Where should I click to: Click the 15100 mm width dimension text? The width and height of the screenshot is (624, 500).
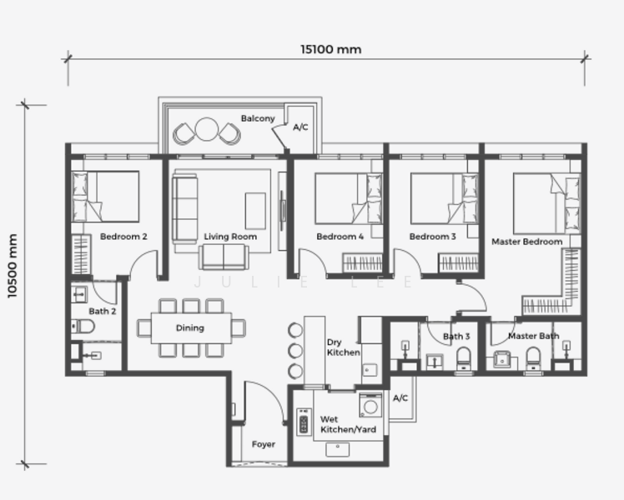point(331,49)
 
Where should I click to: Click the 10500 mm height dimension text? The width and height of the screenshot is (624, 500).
point(12,266)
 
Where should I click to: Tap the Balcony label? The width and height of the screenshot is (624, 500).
point(258,118)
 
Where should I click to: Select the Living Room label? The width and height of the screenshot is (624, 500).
point(230,237)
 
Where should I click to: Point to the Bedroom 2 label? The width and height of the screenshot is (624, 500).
point(123,237)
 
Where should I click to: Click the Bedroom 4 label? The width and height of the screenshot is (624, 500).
point(340,237)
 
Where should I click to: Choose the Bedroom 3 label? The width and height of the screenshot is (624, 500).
point(432,237)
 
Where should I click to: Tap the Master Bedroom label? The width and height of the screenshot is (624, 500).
point(526,242)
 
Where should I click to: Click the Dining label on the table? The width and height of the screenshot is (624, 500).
point(190,327)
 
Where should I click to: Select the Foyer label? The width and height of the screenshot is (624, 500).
point(264,444)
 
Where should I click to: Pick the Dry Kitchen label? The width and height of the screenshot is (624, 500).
point(343,347)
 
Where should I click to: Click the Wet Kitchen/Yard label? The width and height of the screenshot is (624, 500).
point(348,425)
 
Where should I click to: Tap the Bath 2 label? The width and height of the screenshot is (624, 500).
point(102,311)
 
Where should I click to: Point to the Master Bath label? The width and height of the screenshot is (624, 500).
point(533,336)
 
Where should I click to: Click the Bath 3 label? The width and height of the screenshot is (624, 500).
point(456,337)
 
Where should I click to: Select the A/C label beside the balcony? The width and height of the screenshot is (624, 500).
point(301,127)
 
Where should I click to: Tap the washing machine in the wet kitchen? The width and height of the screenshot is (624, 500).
point(370,406)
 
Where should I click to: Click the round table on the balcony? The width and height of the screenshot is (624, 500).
point(206,131)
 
